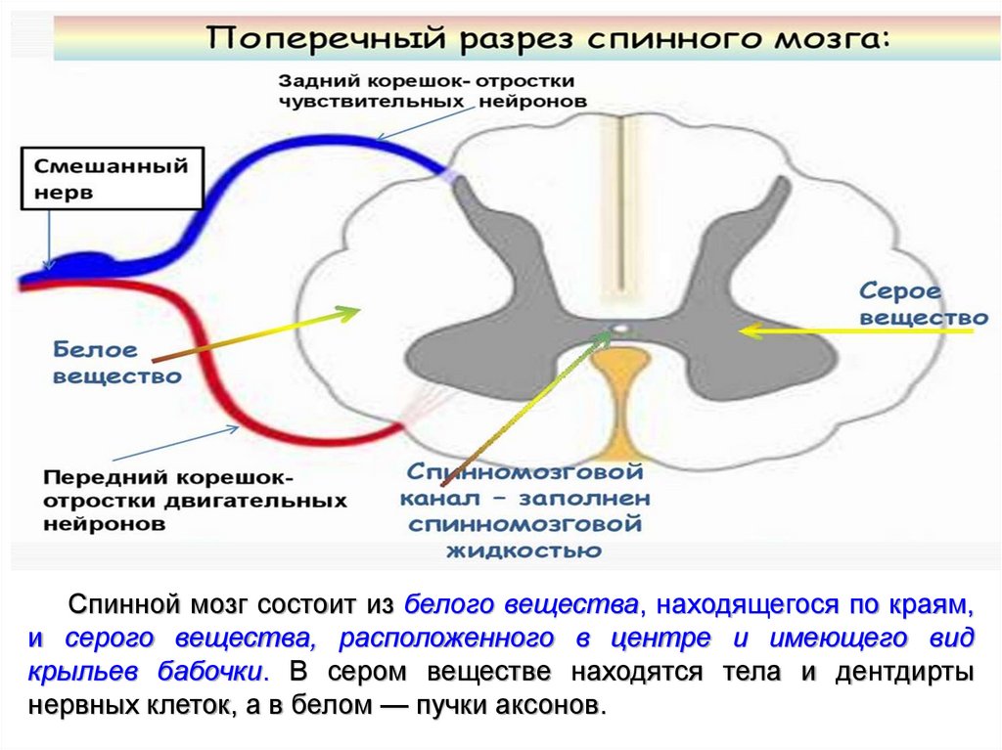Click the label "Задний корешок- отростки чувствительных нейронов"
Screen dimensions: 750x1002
[432, 90]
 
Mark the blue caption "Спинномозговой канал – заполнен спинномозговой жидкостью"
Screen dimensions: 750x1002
[524, 511]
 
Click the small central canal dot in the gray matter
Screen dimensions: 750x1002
[618, 330]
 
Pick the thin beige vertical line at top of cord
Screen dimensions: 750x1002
[618, 196]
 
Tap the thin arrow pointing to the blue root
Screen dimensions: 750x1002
[411, 123]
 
